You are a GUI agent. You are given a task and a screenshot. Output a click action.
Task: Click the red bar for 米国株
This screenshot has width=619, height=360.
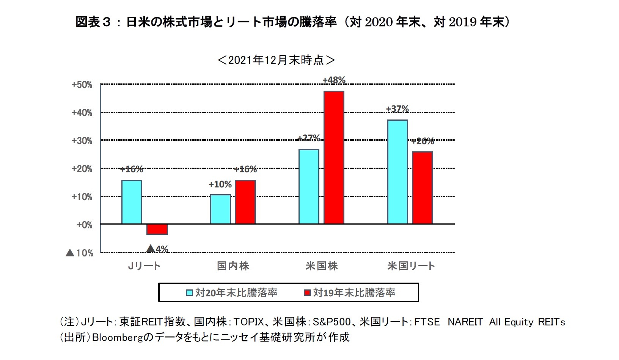pyautogui.click(x=334, y=157)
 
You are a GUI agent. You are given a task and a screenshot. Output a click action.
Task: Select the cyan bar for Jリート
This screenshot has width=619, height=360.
pyautogui.click(x=132, y=202)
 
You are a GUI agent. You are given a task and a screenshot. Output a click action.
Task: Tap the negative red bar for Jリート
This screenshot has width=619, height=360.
pyautogui.click(x=157, y=229)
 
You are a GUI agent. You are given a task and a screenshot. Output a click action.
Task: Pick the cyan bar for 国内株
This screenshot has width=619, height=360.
pyautogui.click(x=220, y=209)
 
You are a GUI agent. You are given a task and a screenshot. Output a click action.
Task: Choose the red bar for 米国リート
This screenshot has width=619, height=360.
pyautogui.click(x=423, y=188)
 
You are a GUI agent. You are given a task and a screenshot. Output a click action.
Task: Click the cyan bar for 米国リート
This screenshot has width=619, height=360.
pyautogui.click(x=397, y=172)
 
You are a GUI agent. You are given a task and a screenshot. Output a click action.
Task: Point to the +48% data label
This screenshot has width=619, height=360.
pyautogui.click(x=334, y=80)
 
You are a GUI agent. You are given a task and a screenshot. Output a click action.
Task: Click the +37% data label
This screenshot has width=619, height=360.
pyautogui.click(x=397, y=109)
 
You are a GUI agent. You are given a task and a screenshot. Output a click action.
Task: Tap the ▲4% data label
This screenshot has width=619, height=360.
pyautogui.click(x=157, y=249)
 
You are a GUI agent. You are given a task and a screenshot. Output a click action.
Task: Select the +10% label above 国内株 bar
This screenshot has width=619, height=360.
pyautogui.click(x=220, y=185)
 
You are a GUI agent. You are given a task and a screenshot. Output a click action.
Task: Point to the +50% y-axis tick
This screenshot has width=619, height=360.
pyautogui.click(x=82, y=85)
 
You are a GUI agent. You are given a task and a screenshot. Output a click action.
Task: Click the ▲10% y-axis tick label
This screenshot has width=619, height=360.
pyautogui.click(x=79, y=253)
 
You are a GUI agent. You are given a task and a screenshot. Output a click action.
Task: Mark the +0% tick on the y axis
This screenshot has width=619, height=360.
pyautogui.click(x=84, y=225)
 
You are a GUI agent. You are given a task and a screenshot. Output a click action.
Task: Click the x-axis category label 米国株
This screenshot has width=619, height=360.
pyautogui.click(x=321, y=266)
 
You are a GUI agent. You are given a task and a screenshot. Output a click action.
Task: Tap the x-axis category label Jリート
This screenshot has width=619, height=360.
pyautogui.click(x=144, y=266)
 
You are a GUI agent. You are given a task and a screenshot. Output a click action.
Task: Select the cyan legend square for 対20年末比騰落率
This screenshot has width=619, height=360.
pyautogui.click(x=189, y=293)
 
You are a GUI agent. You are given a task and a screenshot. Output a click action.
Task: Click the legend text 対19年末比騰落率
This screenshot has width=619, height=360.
pyautogui.click(x=354, y=292)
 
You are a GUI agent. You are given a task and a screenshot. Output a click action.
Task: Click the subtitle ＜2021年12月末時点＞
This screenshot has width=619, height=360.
pyautogui.click(x=276, y=60)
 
